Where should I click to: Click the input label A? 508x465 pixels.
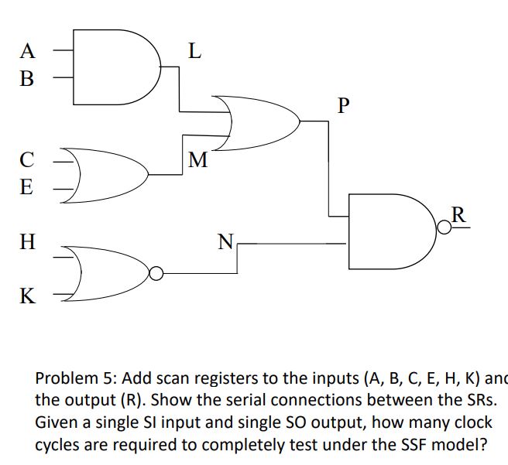coord(28,51)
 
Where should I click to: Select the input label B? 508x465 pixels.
coord(28,78)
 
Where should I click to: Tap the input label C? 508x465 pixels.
coord(27,160)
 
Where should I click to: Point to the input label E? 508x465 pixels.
coord(27,187)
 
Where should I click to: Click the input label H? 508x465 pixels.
coord(27,243)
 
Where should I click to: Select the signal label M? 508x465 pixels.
coord(198,160)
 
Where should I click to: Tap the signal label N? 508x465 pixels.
coord(225,243)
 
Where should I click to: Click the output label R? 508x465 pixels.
coord(458,214)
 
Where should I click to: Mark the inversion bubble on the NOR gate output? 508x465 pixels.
coord(156,273)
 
